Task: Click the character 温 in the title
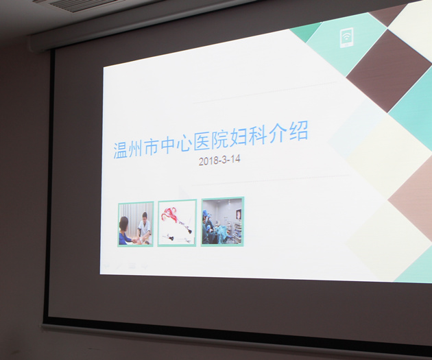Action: click(x=121, y=150)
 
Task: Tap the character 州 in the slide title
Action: click(x=136, y=148)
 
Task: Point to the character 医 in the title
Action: click(x=202, y=141)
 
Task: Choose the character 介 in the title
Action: click(x=278, y=132)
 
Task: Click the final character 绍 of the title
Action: click(x=298, y=130)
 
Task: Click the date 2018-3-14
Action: click(x=219, y=160)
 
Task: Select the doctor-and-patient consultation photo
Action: click(x=136, y=224)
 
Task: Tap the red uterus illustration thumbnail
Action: click(x=177, y=223)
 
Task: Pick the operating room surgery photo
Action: click(x=222, y=221)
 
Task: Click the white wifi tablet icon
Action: click(x=346, y=38)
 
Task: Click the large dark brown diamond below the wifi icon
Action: click(x=389, y=71)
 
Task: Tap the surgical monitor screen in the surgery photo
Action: click(x=239, y=215)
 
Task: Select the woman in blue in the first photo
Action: click(x=125, y=231)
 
